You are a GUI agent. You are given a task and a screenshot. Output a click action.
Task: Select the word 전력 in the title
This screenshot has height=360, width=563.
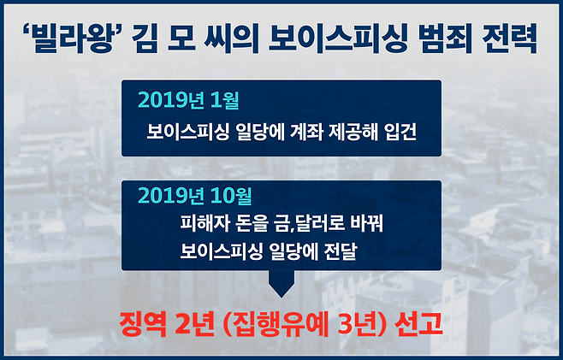[x=510, y=38]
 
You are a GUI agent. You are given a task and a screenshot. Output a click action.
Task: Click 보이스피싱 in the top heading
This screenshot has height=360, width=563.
[x=338, y=38]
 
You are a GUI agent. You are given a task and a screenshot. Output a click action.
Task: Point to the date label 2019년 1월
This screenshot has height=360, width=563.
[x=188, y=100]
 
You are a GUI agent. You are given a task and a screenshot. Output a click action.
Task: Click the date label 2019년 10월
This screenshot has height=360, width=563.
[x=194, y=196]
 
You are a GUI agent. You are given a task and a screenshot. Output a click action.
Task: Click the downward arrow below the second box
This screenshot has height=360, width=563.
[x=281, y=284]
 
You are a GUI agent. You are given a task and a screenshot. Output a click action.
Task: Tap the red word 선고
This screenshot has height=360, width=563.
[x=418, y=325]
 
